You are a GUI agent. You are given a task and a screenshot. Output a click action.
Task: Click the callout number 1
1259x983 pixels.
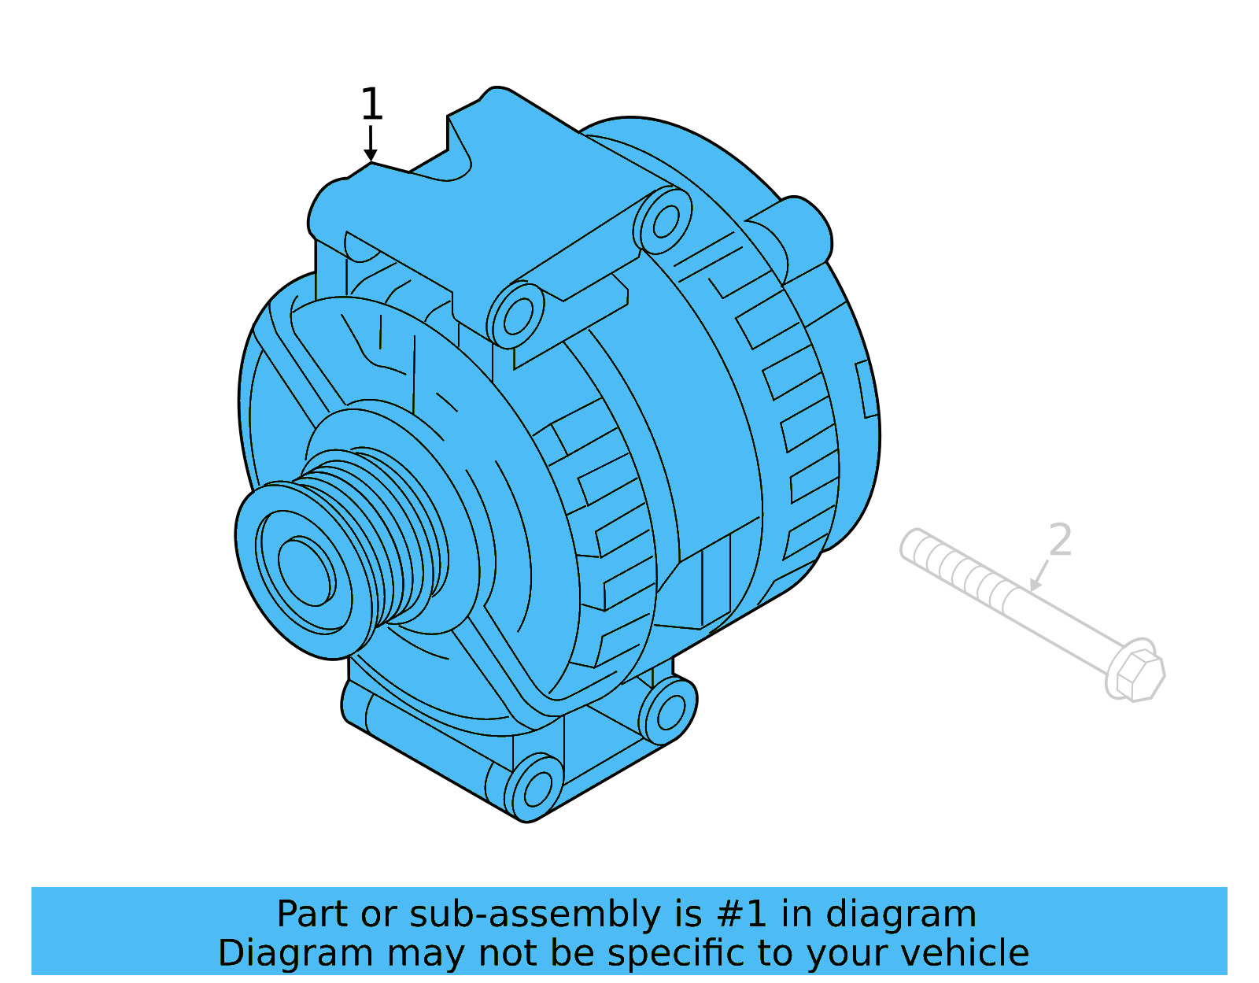pyautogui.click(x=371, y=105)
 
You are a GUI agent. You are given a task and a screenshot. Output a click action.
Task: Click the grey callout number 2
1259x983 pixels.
pyautogui.click(x=1060, y=541)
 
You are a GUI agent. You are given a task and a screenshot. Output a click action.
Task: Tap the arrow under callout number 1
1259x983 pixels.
pyautogui.click(x=371, y=146)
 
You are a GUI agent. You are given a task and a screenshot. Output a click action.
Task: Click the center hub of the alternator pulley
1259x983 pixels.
pyautogui.click(x=305, y=571)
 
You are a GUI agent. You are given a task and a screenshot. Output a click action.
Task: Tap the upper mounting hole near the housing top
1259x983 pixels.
pyautogui.click(x=665, y=221)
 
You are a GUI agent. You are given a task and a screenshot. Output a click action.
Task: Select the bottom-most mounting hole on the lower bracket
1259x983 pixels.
pyautogui.click(x=537, y=789)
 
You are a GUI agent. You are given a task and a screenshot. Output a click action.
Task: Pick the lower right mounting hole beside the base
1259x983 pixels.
pyautogui.click(x=670, y=711)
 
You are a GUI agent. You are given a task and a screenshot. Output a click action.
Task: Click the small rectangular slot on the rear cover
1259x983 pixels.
pyautogui.click(x=866, y=389)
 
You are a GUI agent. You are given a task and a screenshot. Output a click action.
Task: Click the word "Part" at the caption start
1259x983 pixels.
pyautogui.click(x=312, y=915)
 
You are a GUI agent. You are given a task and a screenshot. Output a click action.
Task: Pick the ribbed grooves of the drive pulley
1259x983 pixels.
pyautogui.click(x=393, y=535)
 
